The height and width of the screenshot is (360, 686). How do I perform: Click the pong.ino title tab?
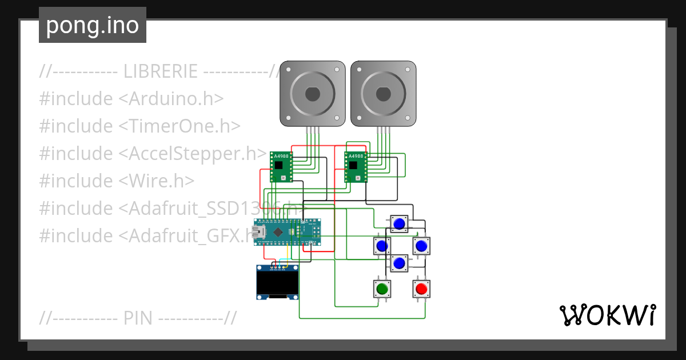(93, 26)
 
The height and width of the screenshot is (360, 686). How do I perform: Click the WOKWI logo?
(607, 315)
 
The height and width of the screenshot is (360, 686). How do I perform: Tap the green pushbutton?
(382, 289)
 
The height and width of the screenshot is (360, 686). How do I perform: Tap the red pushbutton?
(421, 289)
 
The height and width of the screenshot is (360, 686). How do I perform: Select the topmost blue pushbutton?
(399, 223)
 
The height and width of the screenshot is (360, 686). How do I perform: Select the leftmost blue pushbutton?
(382, 246)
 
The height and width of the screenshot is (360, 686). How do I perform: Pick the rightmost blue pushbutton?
(421, 246)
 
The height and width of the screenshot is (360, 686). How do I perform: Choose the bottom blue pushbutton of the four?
(399, 263)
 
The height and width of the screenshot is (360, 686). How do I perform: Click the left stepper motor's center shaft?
(312, 93)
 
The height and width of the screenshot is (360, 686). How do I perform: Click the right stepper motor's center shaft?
(383, 93)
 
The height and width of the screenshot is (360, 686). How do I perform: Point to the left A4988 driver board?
(281, 167)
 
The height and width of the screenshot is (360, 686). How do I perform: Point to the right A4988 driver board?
(356, 167)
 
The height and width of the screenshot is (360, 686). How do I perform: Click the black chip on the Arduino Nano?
(279, 232)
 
